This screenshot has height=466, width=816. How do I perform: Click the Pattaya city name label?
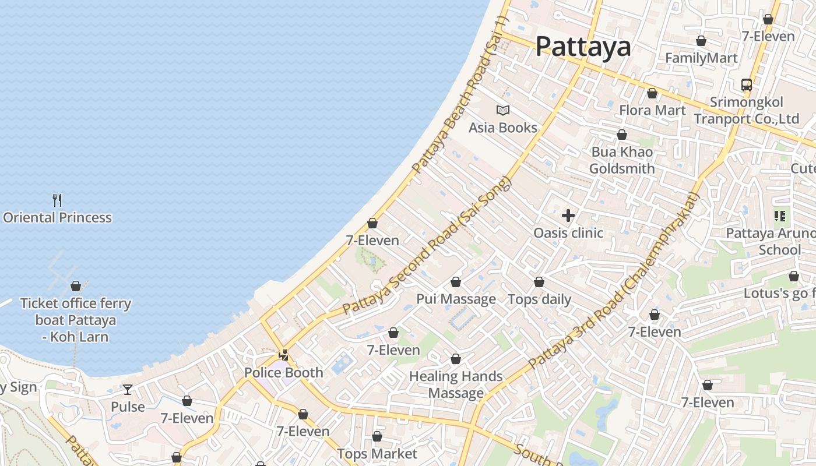click(583, 46)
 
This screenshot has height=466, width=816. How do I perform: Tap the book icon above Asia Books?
click(502, 110)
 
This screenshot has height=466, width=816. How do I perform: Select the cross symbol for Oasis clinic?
click(568, 216)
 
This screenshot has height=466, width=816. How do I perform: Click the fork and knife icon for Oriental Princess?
click(57, 200)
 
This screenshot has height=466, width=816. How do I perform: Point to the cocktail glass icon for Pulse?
click(128, 390)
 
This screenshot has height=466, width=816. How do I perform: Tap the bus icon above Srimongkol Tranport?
click(747, 85)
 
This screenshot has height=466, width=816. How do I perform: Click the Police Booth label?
click(283, 373)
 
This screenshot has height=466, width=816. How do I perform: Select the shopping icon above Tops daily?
click(539, 283)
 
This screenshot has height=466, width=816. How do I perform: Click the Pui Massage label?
click(456, 299)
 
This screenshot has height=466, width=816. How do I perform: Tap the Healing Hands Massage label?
click(456, 384)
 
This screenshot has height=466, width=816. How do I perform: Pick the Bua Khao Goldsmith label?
click(622, 160)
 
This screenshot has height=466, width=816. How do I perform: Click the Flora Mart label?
click(652, 110)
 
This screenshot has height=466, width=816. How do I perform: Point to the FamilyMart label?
click(701, 58)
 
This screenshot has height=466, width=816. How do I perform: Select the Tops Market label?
click(377, 454)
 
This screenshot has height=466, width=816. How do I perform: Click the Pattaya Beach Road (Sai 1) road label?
click(460, 96)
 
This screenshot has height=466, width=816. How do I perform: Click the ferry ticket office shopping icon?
click(76, 286)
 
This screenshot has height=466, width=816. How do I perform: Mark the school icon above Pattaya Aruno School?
click(780, 217)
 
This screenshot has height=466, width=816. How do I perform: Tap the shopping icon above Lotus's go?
click(793, 277)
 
